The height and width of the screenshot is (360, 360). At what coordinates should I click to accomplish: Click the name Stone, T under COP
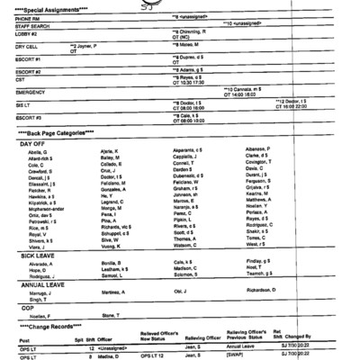[113, 315]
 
